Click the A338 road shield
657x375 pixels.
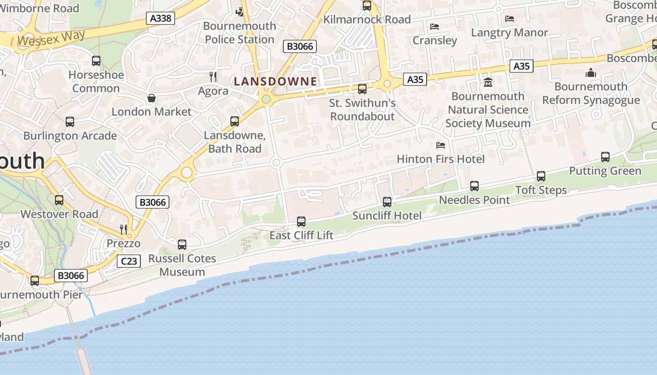tap(160, 18)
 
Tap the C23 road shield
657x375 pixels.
tap(128, 261)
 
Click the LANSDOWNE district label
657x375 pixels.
tap(275, 82)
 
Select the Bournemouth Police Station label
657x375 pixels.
tap(239, 33)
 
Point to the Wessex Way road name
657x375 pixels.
tap(52, 38)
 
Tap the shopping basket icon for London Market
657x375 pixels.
tap(152, 98)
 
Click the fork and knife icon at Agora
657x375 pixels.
tap(213, 76)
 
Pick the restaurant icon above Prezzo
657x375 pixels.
tap(123, 229)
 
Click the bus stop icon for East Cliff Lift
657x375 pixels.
tap(301, 221)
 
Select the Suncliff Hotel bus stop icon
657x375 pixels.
tap(387, 202)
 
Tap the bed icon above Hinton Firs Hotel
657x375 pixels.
tap(440, 145)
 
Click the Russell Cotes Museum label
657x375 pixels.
tap(182, 265)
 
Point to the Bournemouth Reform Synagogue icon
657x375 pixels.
tap(591, 73)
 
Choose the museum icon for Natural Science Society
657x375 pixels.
tap(488, 82)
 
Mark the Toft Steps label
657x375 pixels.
tap(541, 190)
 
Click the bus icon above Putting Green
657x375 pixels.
tap(605, 157)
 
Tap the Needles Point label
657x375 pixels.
tap(474, 200)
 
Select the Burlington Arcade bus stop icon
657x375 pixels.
tap(70, 122)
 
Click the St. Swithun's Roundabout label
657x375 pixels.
tap(363, 110)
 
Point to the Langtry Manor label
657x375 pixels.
tap(509, 33)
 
